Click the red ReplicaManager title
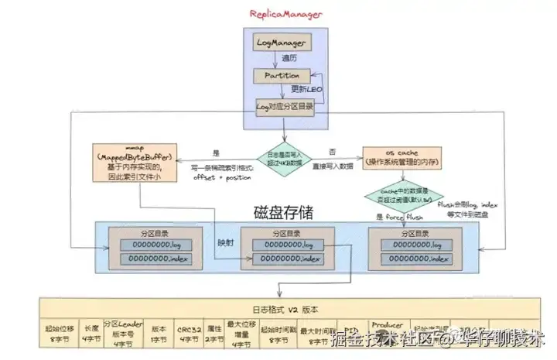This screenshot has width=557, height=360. tap(285, 14)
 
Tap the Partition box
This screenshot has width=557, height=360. tap(282, 76)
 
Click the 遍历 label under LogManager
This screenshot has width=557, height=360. tap(289, 58)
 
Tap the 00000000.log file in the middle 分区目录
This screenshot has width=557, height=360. tap(283, 244)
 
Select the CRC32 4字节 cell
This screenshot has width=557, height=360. tap(187, 331)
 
